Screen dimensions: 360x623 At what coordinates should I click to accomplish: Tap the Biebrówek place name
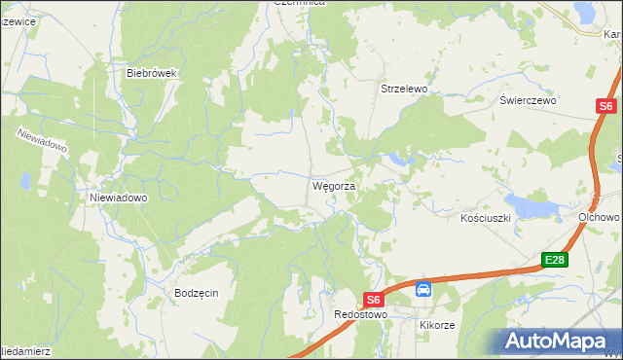tap(150, 72)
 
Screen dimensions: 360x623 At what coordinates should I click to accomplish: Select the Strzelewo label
tap(404, 89)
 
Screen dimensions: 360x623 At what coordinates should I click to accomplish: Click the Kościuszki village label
tap(486, 219)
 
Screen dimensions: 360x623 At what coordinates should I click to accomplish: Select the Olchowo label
tap(599, 217)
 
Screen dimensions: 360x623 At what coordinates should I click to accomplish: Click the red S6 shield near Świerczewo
tap(605, 107)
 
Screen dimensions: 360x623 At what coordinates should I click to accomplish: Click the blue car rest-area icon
tap(423, 289)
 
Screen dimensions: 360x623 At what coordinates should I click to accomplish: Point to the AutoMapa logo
tap(556, 341)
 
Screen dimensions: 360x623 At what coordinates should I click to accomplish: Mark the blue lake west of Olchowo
tap(530, 205)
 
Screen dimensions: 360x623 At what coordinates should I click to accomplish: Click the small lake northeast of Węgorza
tap(399, 158)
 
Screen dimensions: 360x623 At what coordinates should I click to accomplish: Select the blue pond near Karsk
tap(587, 12)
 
